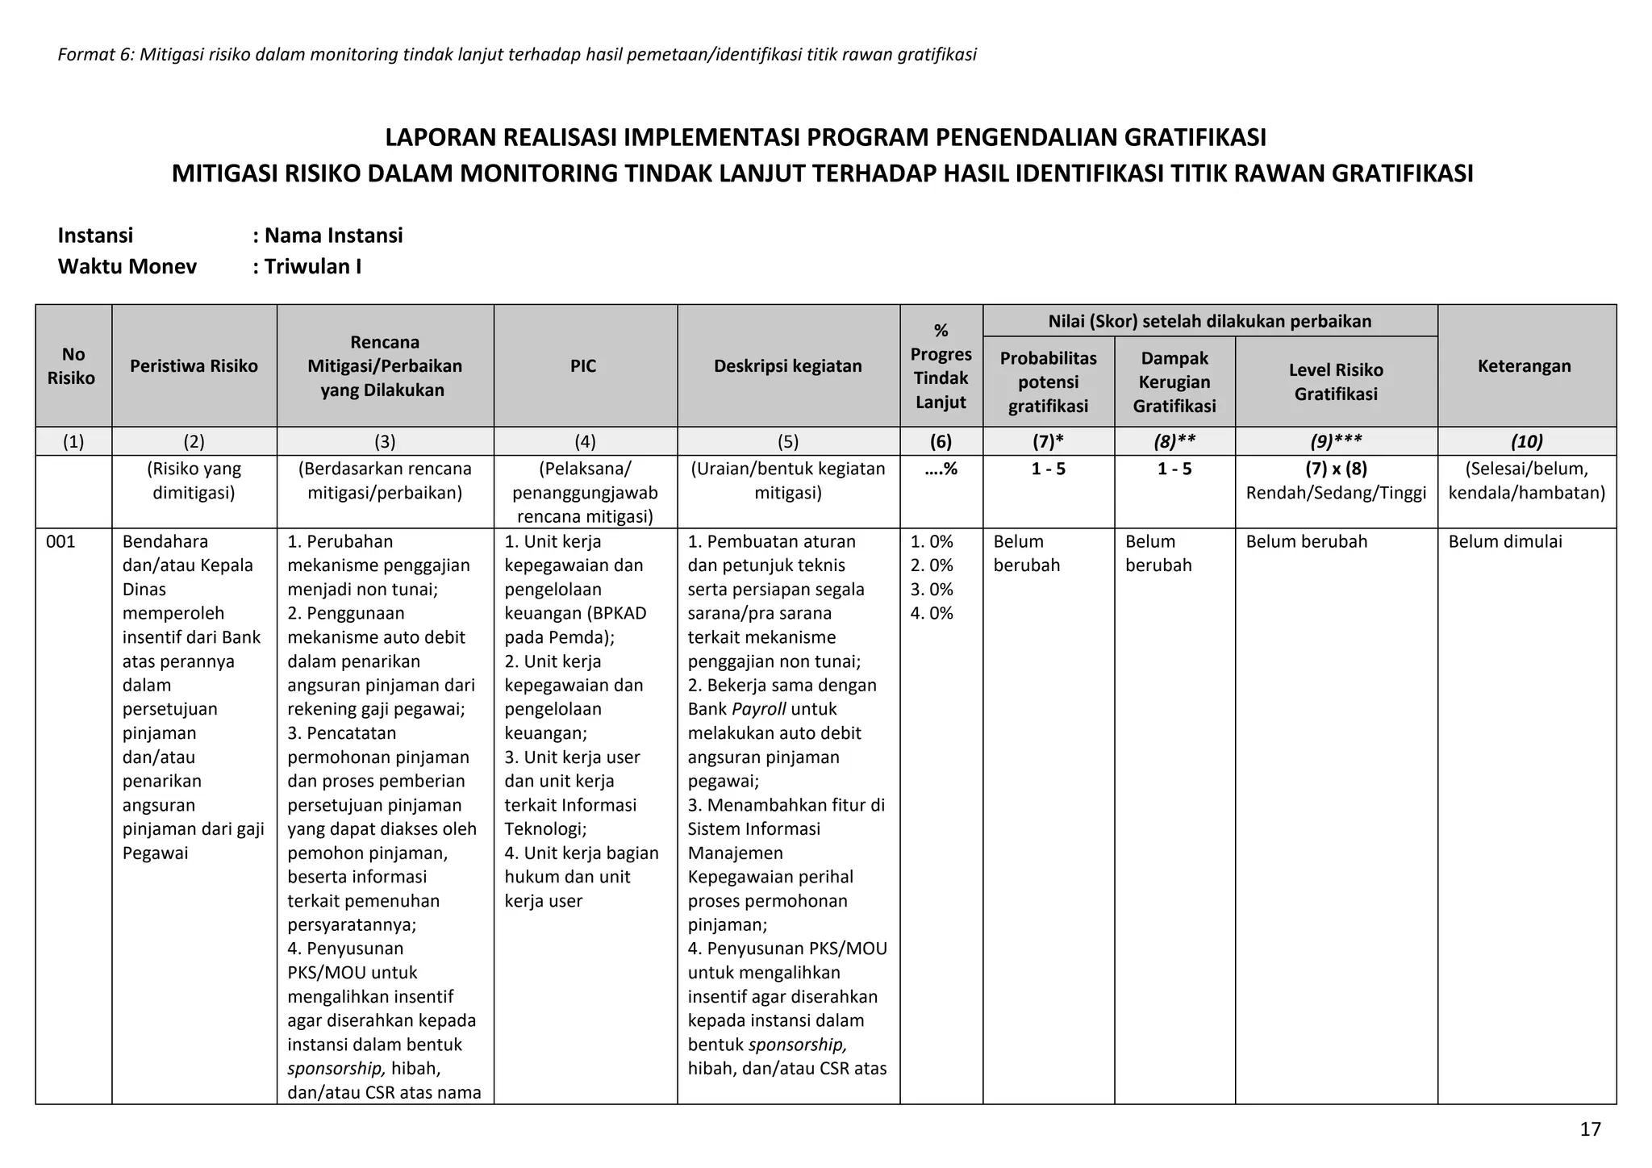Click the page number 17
1590,1129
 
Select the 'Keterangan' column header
1524,366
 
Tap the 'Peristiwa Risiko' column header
194,366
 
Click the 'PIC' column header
583,366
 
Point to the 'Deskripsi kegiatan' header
787,366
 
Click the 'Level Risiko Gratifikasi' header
1335,382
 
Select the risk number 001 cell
60,541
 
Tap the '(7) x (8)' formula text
1336,469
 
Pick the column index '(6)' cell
941,441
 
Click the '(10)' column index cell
1526,441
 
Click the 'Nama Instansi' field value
333,236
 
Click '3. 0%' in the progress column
932,589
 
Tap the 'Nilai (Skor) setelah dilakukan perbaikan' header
1209,321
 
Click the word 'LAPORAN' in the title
440,138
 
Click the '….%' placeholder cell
941,469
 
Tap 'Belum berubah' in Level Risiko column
1306,541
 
